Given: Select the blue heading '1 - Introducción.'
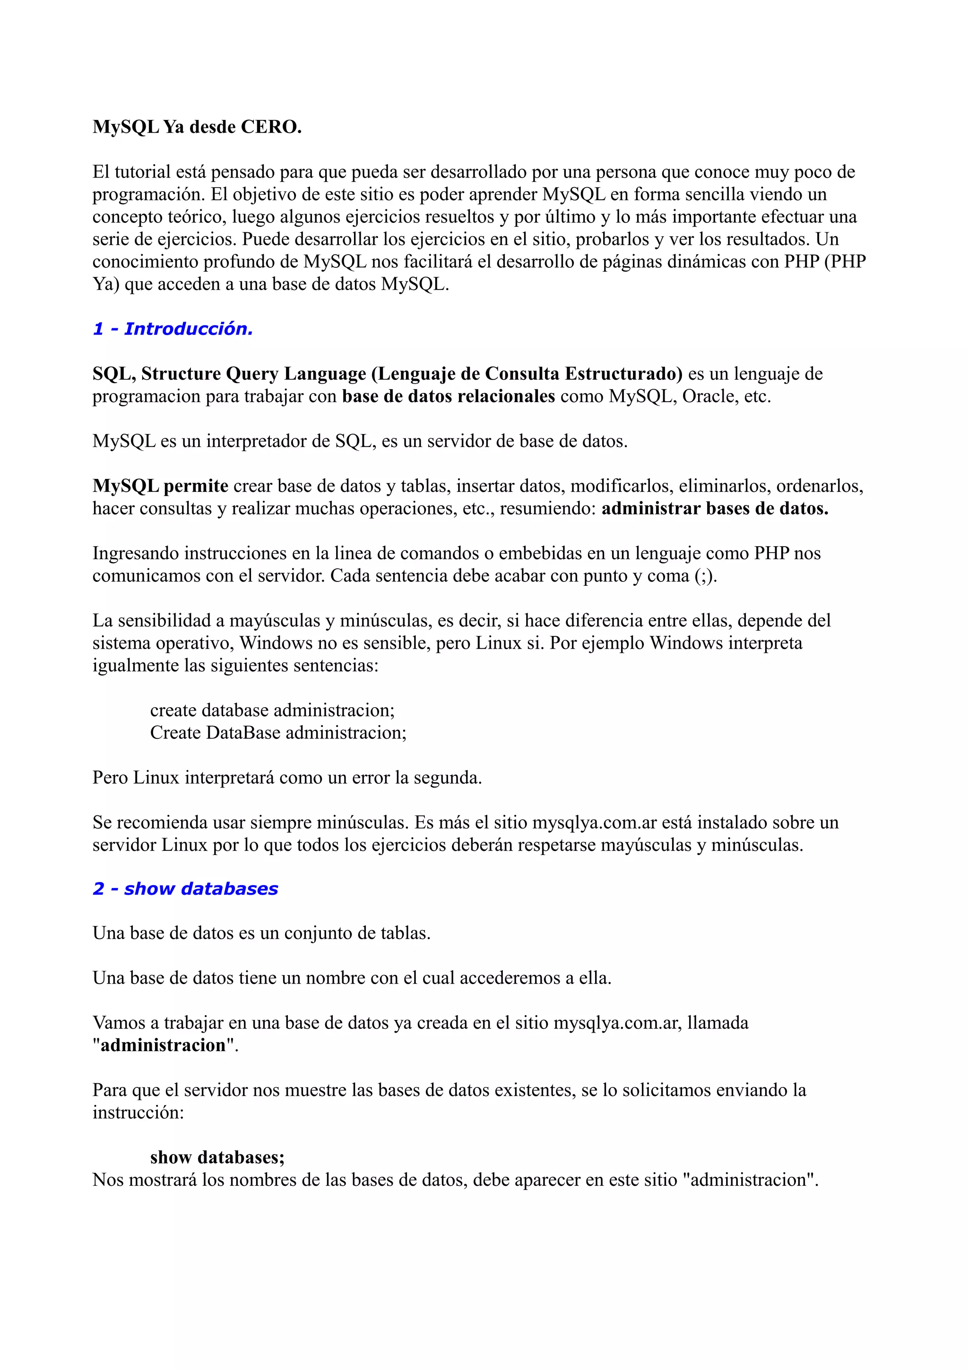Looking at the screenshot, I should [x=173, y=328].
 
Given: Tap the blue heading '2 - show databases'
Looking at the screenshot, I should [x=185, y=889].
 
